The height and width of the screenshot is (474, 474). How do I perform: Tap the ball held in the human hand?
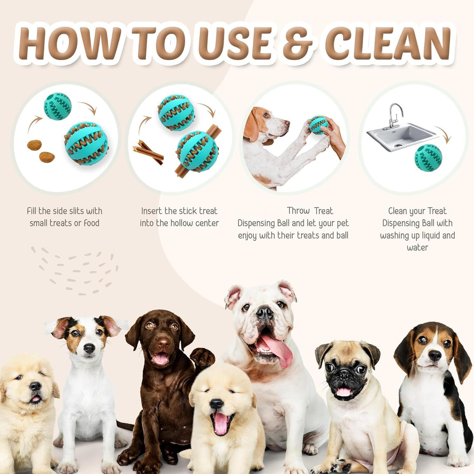click(x=318, y=125)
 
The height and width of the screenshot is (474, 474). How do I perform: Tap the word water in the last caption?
click(x=417, y=247)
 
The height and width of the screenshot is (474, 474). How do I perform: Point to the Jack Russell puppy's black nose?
click(x=89, y=348)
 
